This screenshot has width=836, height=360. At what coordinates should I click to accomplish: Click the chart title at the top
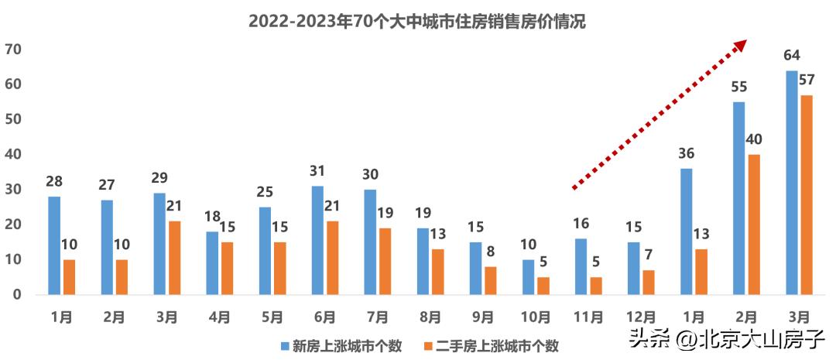(x=417, y=22)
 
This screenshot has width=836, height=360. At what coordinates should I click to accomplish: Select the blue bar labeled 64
(x=792, y=183)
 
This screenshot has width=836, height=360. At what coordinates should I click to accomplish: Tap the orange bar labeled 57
(x=807, y=195)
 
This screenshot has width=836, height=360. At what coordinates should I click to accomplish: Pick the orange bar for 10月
(x=543, y=286)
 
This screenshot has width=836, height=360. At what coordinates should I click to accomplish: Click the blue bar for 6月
(x=317, y=240)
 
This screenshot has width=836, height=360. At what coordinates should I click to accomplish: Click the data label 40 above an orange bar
(x=754, y=139)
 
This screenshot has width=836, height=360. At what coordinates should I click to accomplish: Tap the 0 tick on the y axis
(x=17, y=295)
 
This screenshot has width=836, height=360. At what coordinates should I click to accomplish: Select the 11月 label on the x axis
(x=588, y=317)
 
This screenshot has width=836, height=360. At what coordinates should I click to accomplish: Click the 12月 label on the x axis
(x=640, y=317)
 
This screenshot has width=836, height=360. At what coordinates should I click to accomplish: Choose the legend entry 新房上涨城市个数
(x=341, y=346)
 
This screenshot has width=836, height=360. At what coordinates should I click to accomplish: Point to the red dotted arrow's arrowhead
(x=741, y=45)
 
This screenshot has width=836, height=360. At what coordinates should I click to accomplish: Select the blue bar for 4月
(x=212, y=263)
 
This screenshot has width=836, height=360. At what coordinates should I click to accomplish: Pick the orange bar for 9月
(x=491, y=280)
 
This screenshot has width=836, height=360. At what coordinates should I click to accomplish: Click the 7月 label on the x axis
(x=377, y=317)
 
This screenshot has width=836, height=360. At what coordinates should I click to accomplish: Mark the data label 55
(x=739, y=87)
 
